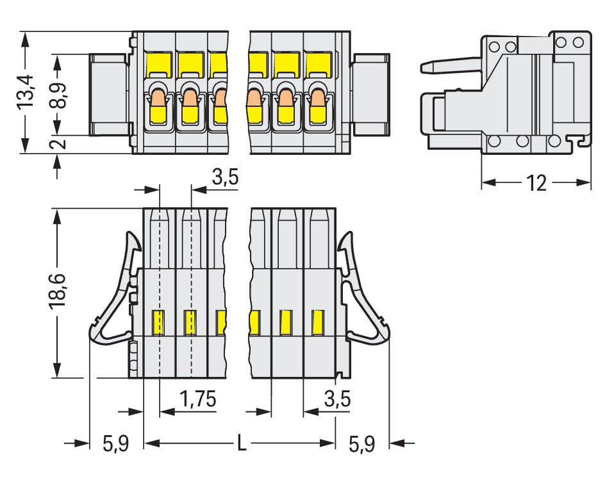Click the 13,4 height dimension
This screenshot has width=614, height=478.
(x=26, y=92)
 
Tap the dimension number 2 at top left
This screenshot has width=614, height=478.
(x=60, y=144)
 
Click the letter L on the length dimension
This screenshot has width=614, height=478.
(x=241, y=443)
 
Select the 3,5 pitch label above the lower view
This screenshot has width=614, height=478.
(x=225, y=177)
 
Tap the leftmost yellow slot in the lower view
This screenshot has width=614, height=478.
(x=158, y=322)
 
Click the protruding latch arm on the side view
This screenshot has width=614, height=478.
(x=449, y=65)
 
